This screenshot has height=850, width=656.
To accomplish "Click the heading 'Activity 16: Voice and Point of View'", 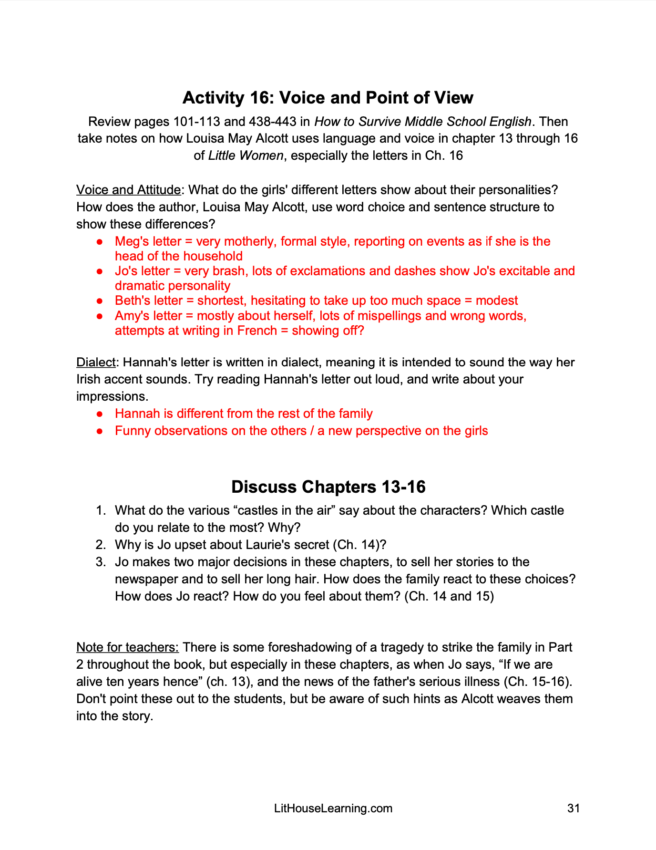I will pyautogui.click(x=328, y=98).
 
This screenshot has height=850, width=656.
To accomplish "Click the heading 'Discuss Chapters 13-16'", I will pyautogui.click(x=328, y=487).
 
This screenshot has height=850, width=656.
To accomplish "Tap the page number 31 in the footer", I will pyautogui.click(x=574, y=809).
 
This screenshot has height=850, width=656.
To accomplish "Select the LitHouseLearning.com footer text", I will pyautogui.click(x=333, y=809).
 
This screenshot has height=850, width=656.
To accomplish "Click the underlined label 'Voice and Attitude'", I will pyautogui.click(x=128, y=190).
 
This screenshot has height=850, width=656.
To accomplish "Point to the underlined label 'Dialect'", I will pyautogui.click(x=96, y=363).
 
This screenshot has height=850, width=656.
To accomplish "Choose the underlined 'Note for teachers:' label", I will pyautogui.click(x=127, y=647).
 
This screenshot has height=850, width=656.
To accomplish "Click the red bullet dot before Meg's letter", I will pyautogui.click(x=100, y=242).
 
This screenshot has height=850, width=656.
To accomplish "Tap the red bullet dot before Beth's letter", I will pyautogui.click(x=100, y=301).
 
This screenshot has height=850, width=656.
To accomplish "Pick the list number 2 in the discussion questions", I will pyautogui.click(x=100, y=545).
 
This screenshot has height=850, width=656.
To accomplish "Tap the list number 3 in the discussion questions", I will pyautogui.click(x=100, y=562).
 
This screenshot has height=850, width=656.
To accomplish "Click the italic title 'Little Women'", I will pyautogui.click(x=246, y=156).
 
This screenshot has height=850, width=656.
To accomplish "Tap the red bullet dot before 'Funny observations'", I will pyautogui.click(x=100, y=431).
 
